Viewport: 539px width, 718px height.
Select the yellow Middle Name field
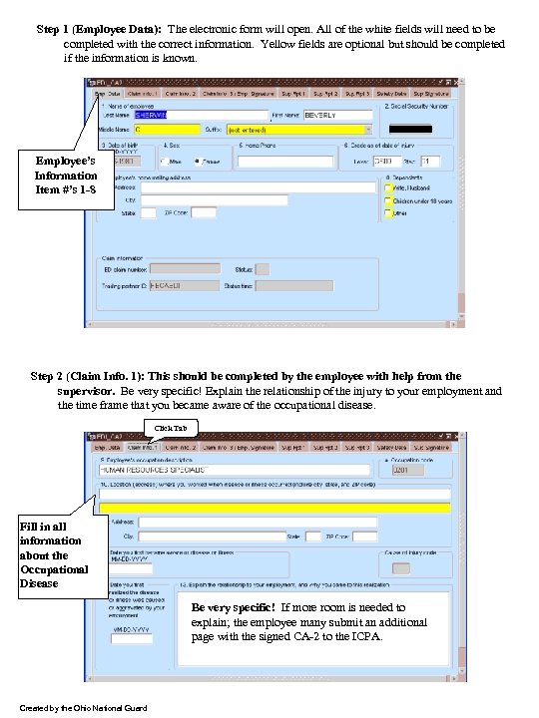click(166, 130)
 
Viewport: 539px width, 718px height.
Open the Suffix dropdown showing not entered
click(299, 130)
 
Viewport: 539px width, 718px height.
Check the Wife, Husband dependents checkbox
click(387, 185)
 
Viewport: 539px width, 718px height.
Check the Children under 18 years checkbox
click(387, 199)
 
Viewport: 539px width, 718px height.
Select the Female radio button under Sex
click(200, 161)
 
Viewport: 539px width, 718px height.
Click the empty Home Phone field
click(270, 161)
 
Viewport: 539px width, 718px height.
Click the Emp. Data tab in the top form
click(108, 94)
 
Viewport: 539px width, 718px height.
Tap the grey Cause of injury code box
click(401, 568)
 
